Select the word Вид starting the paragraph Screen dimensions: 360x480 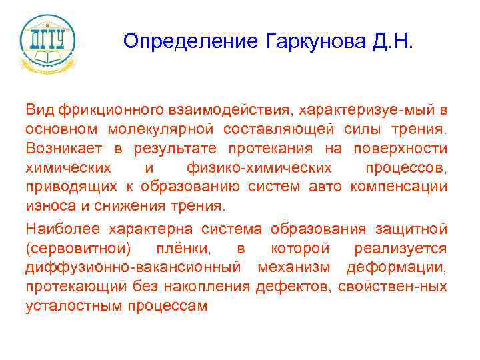click(x=40, y=109)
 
